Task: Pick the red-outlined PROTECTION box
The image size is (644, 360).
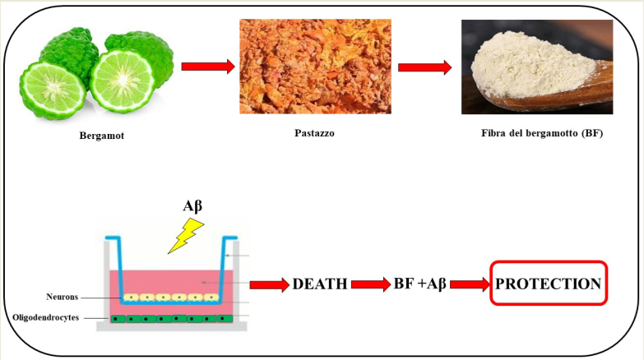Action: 548,284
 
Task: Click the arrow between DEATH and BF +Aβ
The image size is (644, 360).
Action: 372,284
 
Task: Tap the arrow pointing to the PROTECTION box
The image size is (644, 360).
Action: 470,284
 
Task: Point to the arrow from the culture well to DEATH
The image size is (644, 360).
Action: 270,284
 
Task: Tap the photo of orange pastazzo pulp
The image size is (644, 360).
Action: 315,67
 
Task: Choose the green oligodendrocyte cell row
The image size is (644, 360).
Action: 164,317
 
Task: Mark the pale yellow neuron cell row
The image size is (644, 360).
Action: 164,297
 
